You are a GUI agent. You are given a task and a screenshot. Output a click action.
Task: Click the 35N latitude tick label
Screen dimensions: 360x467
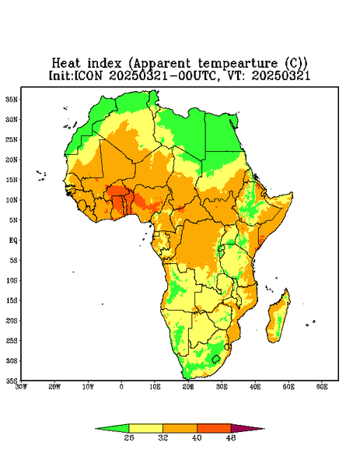12,100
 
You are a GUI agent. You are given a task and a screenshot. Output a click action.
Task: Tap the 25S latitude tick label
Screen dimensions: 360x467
12,340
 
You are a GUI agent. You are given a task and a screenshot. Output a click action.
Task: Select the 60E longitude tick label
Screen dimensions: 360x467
322,387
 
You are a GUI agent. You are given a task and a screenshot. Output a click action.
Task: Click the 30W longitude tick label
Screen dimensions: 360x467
21,387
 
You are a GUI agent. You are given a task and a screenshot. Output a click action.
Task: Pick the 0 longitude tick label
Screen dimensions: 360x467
121,387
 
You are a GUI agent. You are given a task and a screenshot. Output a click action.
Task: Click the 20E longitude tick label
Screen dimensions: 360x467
188,387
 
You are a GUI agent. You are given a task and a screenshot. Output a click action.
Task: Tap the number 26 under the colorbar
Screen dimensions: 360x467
129,437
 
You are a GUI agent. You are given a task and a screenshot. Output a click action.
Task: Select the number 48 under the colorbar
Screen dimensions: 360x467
231,437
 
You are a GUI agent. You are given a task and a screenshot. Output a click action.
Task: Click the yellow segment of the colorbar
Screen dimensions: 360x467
145,428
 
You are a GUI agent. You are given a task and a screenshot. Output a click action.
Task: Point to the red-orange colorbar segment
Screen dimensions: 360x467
214,428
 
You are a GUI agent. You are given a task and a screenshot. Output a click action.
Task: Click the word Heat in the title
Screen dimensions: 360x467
66,64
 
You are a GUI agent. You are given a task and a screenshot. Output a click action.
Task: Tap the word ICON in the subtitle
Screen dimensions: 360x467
89,75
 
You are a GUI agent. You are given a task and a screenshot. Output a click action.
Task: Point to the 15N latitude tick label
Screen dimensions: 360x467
12,180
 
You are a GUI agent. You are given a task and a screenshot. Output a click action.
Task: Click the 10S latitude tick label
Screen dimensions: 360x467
12,280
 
